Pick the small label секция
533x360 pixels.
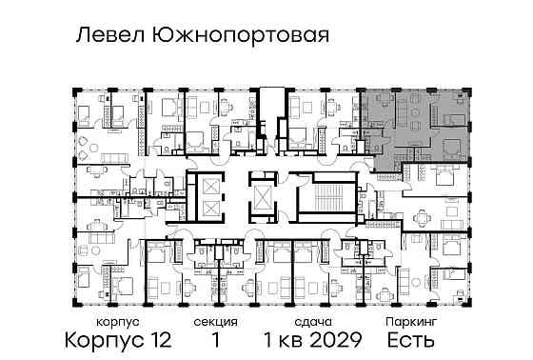(x=221, y=323)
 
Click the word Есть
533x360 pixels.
(x=412, y=340)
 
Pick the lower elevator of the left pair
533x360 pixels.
(x=207, y=210)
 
